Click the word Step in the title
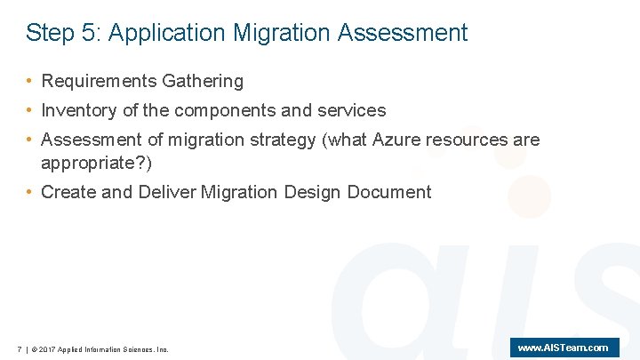(50, 34)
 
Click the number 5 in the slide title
(90, 34)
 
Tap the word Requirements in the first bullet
(99, 82)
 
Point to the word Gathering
(203, 82)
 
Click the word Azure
(396, 140)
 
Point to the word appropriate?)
(97, 164)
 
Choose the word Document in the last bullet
(389, 192)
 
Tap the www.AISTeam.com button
(564, 348)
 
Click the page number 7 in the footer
(20, 349)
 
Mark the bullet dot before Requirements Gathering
(30, 82)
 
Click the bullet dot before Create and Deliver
(30, 192)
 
